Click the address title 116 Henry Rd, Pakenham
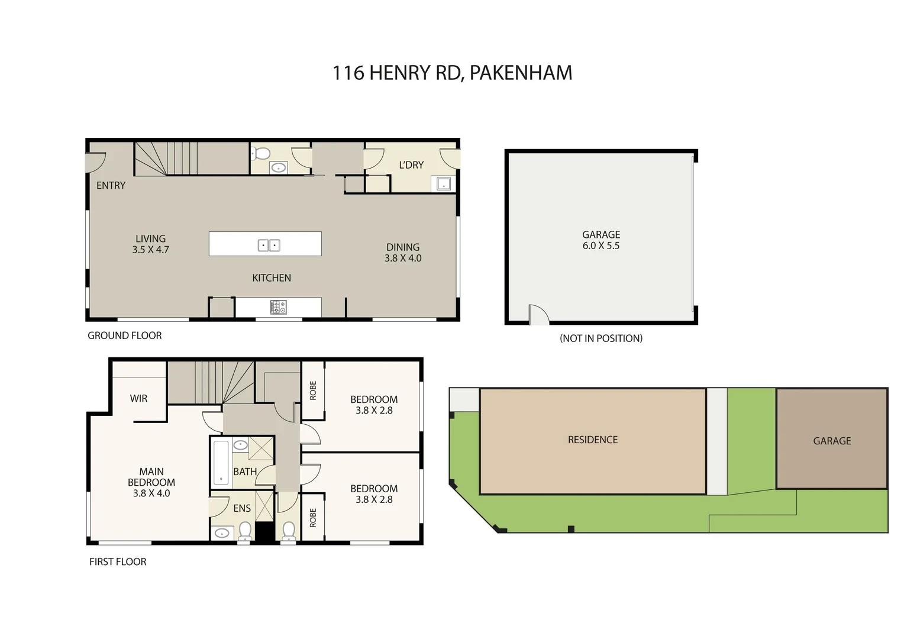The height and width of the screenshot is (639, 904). click(452, 73)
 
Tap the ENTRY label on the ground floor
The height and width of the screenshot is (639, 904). click(111, 185)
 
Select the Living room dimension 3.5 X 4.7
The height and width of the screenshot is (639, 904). click(150, 250)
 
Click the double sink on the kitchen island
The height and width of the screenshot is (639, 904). click(269, 245)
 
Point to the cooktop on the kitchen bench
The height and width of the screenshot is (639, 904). click(278, 307)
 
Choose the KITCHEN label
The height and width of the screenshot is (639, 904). click(272, 277)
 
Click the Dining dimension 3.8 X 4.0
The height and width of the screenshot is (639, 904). click(403, 258)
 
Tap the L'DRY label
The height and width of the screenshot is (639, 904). click(411, 165)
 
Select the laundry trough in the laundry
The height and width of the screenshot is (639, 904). click(443, 185)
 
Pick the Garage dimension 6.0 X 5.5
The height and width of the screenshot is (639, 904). click(601, 246)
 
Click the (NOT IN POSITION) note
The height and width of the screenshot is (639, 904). click(601, 338)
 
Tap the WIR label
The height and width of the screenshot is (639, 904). click(138, 398)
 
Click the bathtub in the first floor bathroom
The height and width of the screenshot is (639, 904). click(221, 462)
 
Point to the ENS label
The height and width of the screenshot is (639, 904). click(242, 508)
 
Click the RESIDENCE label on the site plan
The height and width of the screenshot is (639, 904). click(593, 440)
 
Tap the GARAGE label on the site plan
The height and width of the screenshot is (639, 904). click(832, 441)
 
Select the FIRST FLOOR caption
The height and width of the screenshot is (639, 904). click(118, 561)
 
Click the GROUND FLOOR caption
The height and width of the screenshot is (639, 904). click(125, 335)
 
